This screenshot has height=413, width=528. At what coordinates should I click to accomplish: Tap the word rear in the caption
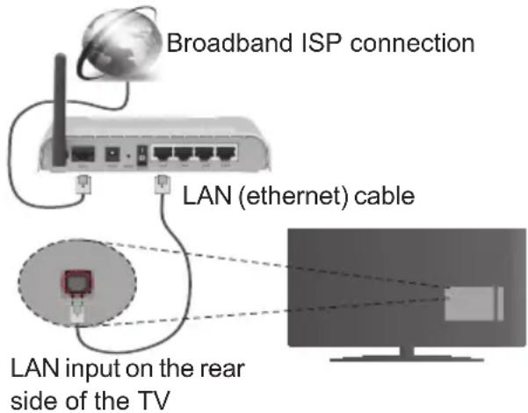[219, 365]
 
